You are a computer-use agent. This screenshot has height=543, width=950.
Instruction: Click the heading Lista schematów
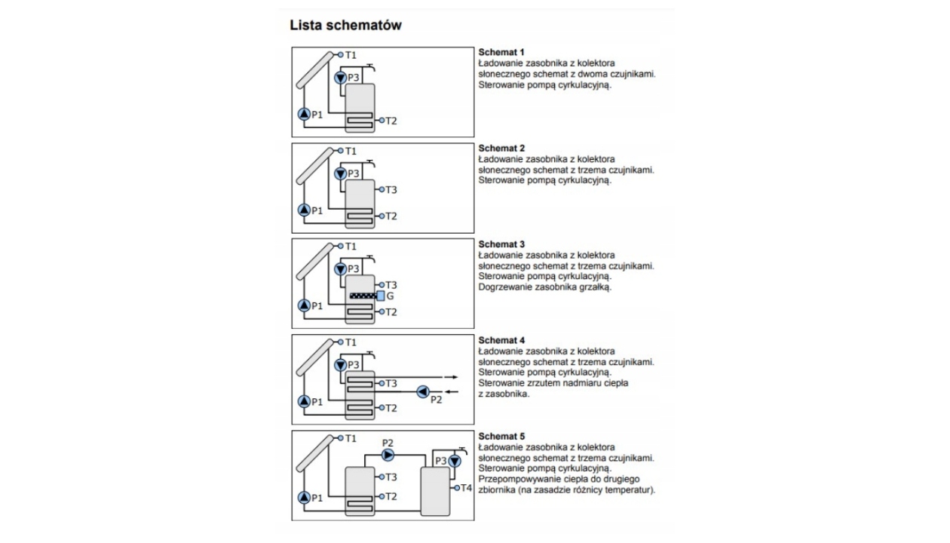(x=345, y=26)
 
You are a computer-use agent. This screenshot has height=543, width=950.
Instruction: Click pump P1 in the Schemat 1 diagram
(x=304, y=115)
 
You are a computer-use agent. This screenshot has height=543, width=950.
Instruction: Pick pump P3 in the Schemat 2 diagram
(x=340, y=173)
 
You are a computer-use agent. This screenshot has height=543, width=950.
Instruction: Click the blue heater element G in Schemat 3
(x=381, y=296)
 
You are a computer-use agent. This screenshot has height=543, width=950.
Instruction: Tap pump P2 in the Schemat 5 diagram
(x=388, y=454)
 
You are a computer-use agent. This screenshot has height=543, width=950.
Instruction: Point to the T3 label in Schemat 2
(x=391, y=190)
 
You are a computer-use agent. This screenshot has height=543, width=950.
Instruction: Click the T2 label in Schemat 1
(x=391, y=121)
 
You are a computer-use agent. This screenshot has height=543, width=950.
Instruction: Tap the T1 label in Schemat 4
(x=351, y=342)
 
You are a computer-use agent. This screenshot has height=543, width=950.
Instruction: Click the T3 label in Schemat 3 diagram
(x=391, y=285)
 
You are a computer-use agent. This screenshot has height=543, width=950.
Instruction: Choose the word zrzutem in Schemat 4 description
(x=538, y=383)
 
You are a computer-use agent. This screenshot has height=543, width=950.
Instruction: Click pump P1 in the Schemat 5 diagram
(x=304, y=497)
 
